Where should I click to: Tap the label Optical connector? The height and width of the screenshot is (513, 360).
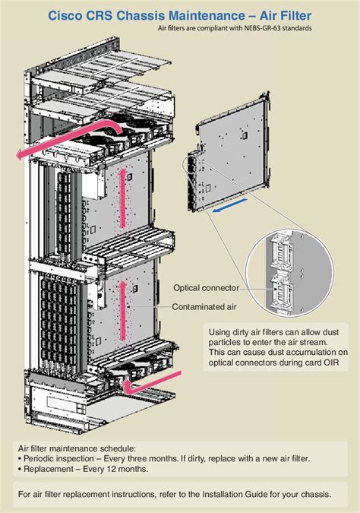tap(206, 288)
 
